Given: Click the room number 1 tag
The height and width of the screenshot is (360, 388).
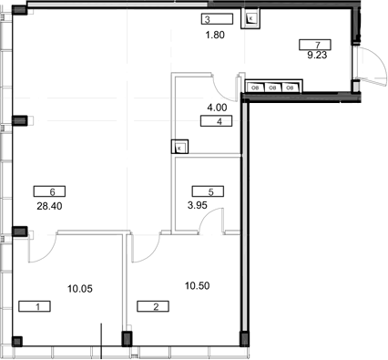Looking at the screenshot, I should coord(35,306).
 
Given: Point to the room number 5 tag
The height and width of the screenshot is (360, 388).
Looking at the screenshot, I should coord(207,191).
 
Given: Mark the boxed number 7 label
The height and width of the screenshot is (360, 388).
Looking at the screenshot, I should coord(315,43).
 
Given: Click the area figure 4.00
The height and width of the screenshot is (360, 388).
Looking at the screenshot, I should coord(216,107).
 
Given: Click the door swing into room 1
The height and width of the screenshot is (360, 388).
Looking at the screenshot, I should coord(45,243).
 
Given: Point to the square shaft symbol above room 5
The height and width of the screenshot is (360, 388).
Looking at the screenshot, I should coord(180,147).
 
